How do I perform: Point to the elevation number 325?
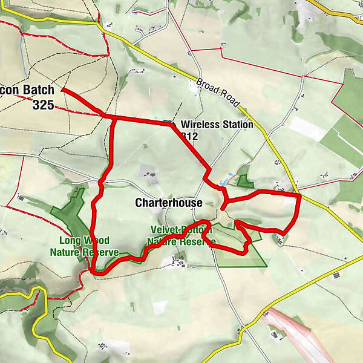(44, 105)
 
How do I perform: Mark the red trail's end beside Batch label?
(63, 90)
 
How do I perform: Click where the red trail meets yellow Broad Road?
(299, 195)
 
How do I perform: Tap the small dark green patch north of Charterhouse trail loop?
(244, 180)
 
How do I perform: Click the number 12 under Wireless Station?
(191, 137)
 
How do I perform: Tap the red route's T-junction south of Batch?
(115, 118)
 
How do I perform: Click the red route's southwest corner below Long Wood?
(96, 272)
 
